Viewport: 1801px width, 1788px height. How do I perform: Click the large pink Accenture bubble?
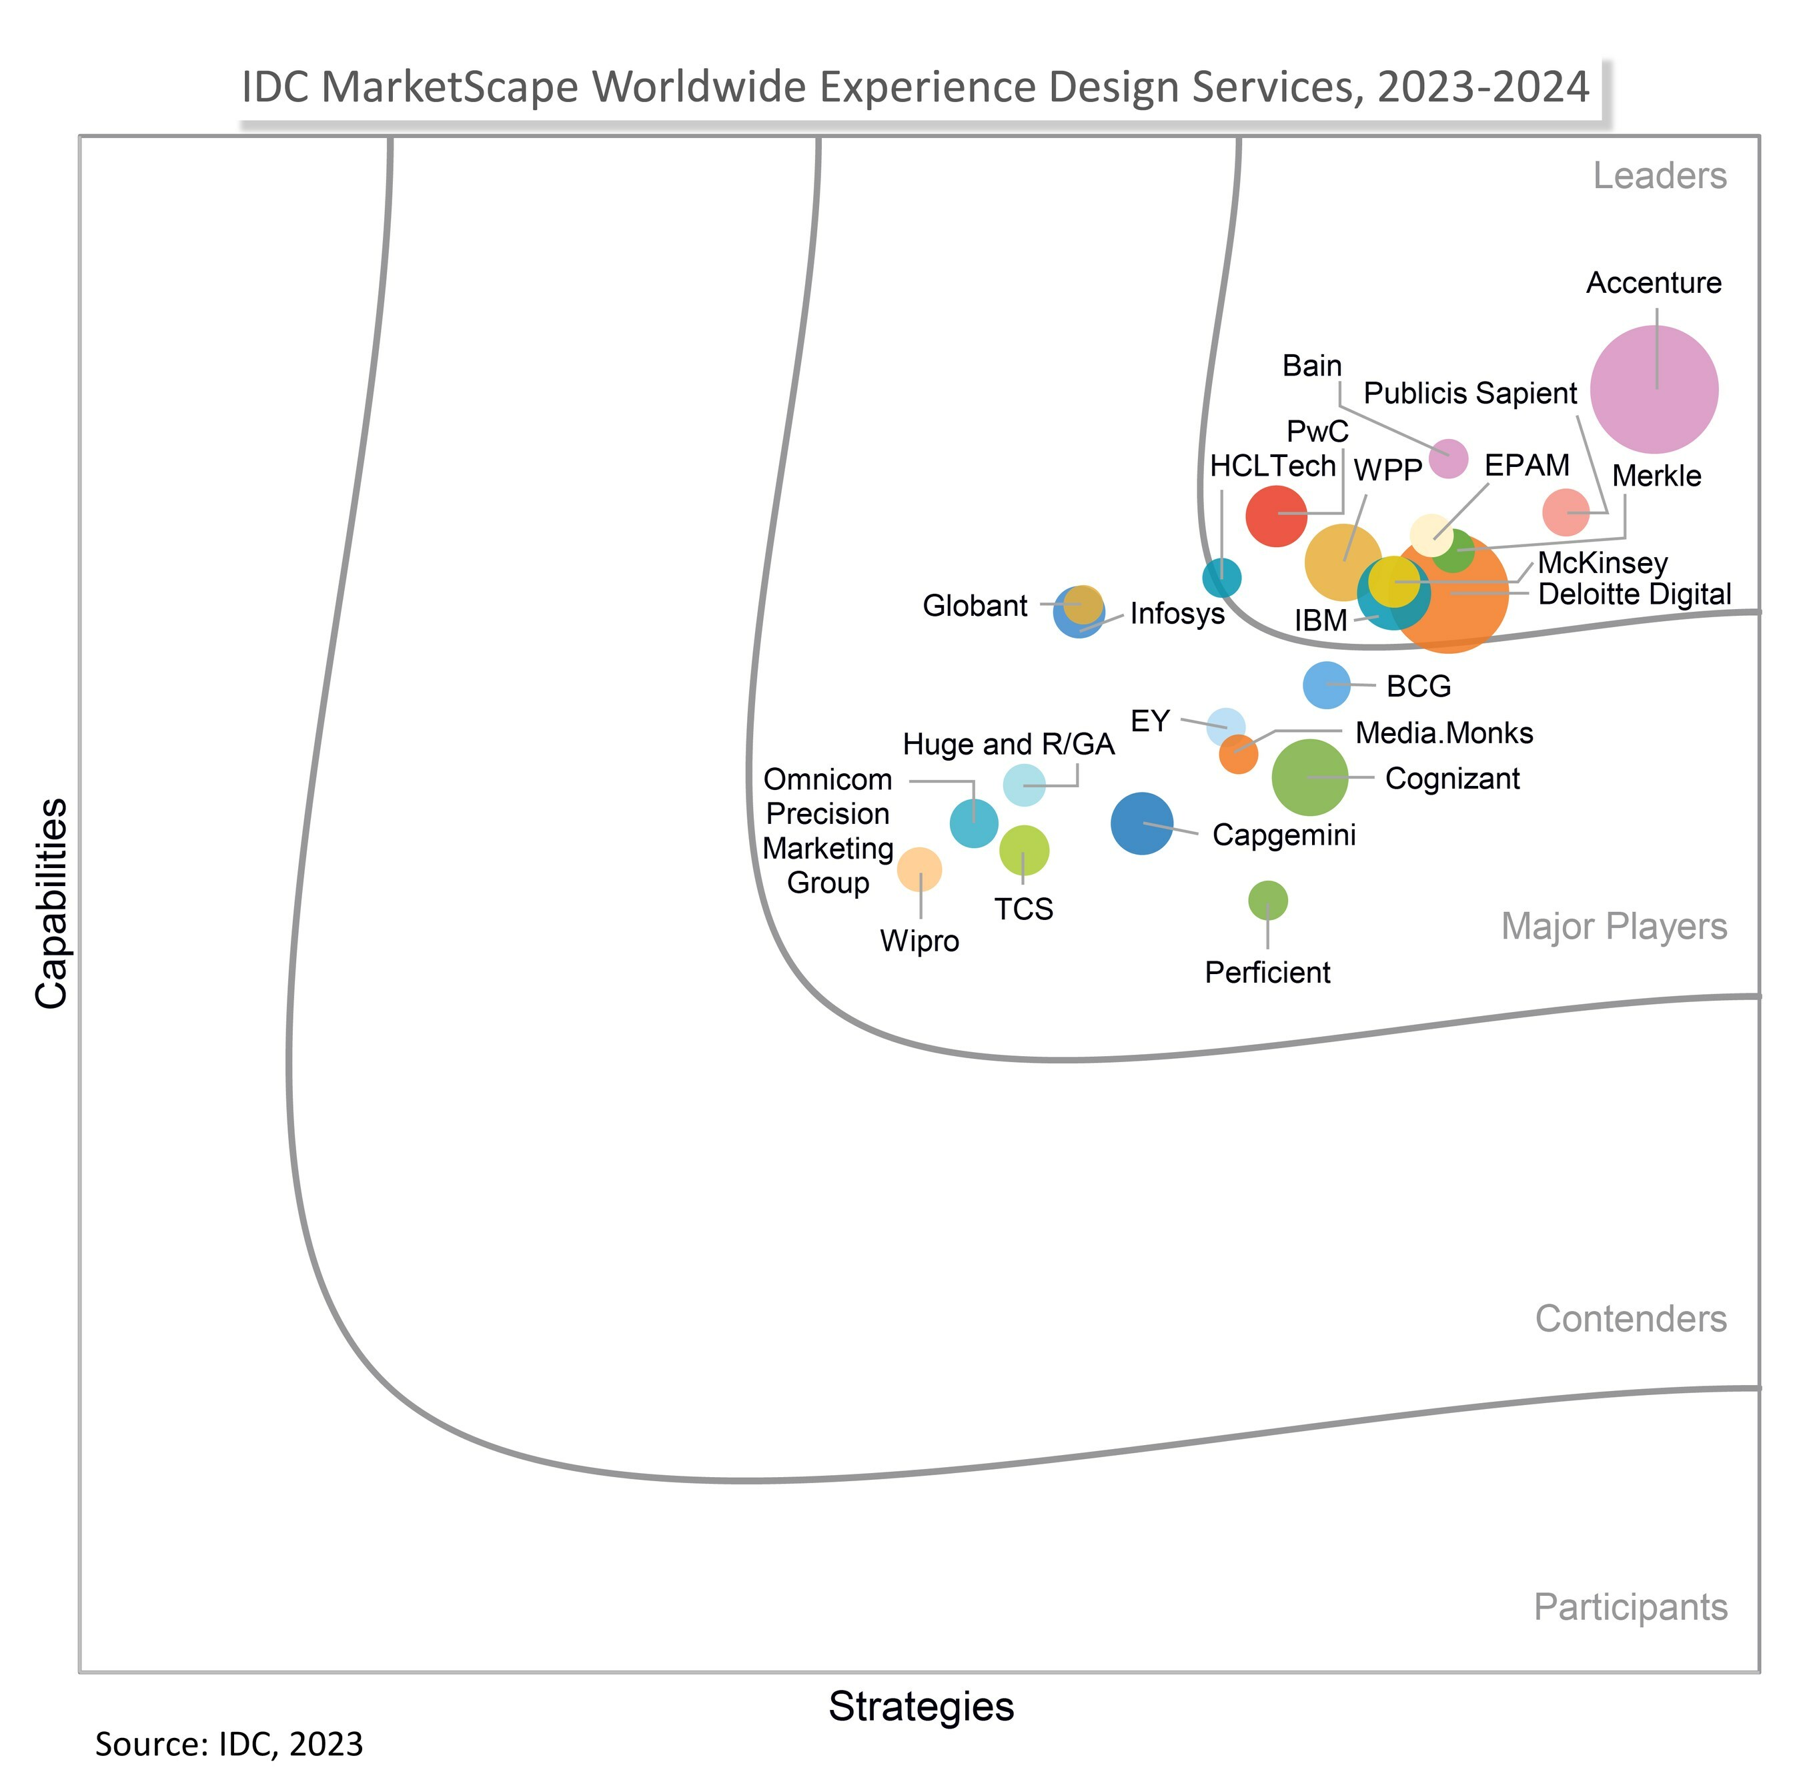point(1654,390)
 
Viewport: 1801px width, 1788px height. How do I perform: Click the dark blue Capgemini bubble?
point(1142,823)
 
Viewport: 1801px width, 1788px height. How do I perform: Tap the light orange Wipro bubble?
point(919,870)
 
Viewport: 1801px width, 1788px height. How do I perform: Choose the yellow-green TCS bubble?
point(1023,850)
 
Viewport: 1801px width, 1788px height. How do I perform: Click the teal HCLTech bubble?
point(1221,578)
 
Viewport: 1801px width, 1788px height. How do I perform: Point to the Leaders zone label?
point(1660,175)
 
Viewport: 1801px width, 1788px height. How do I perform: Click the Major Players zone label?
point(1614,927)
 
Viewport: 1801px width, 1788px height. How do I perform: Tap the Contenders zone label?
point(1630,1319)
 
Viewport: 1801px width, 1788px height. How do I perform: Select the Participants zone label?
point(1630,1607)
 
